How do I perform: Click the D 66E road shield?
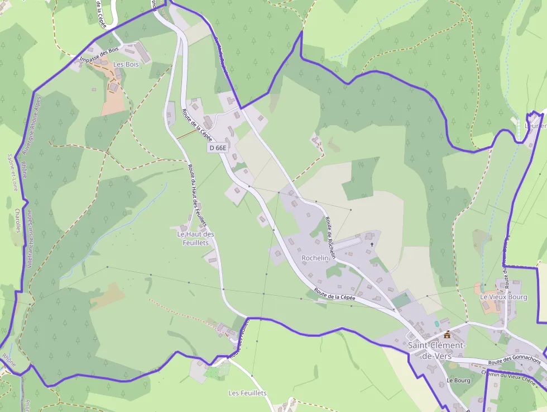(218, 148)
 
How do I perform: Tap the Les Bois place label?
(126, 64)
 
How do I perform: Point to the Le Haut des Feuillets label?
(195, 238)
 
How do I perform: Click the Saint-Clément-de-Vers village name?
(436, 351)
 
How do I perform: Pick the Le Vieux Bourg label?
(503, 297)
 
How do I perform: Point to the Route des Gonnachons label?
(514, 362)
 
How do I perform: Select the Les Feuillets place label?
(247, 393)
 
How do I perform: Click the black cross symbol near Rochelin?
(372, 244)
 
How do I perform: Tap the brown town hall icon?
(447, 334)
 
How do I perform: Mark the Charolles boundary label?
(18, 221)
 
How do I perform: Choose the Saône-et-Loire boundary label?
(12, 173)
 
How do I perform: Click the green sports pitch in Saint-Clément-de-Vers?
(401, 300)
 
